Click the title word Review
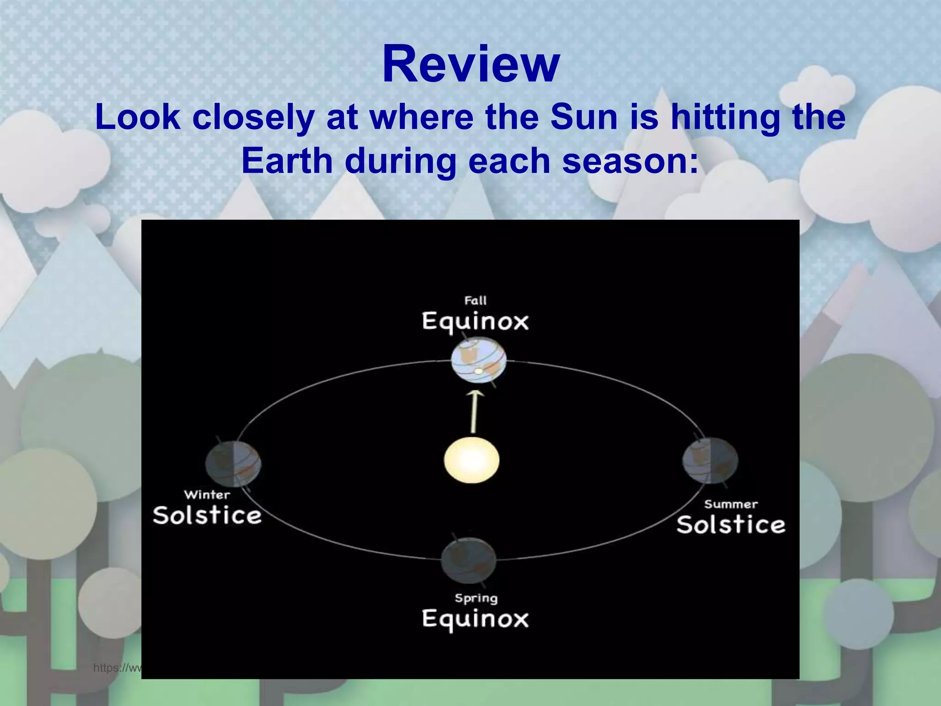[470, 64]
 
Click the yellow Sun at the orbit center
[471, 460]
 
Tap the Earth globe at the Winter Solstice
[233, 463]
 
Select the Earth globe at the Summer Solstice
[710, 460]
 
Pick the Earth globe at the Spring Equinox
[469, 561]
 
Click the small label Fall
[475, 301]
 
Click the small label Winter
[207, 495]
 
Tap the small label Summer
[731, 504]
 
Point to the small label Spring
[476, 598]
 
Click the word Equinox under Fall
[475, 321]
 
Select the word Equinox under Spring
[475, 619]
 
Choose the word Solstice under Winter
[207, 515]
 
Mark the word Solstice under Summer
[731, 525]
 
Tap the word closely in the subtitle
[253, 117]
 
